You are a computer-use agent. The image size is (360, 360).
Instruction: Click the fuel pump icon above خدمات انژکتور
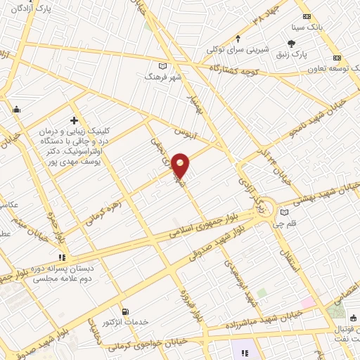tap(125, 311)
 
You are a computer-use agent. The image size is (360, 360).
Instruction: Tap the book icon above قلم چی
tap(283, 212)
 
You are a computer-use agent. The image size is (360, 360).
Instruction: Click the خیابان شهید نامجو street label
tap(321, 118)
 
